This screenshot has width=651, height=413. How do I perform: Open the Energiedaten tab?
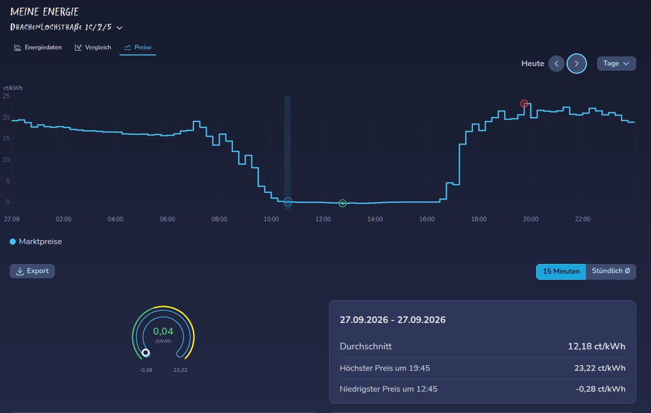[38, 47]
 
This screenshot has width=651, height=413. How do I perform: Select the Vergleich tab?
[93, 47]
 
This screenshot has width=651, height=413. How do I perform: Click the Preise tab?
[138, 47]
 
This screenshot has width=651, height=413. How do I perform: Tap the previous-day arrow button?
[556, 64]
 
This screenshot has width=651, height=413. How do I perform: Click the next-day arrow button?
[577, 64]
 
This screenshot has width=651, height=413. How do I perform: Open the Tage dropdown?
[616, 64]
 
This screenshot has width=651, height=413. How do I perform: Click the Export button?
[32, 271]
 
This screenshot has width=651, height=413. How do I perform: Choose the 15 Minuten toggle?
[561, 272]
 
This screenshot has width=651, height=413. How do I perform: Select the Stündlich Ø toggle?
[611, 272]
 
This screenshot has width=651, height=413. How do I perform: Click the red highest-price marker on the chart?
[524, 104]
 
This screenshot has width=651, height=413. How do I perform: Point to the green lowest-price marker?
[342, 203]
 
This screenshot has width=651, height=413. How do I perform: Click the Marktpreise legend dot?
[13, 242]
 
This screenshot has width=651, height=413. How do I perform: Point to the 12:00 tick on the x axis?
[323, 219]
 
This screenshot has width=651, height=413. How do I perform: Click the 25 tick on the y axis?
[6, 96]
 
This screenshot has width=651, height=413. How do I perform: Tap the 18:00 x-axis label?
[479, 219]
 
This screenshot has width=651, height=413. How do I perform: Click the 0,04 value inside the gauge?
[163, 331]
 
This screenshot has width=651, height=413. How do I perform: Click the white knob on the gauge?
[146, 353]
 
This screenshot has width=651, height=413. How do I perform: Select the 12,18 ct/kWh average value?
[597, 346]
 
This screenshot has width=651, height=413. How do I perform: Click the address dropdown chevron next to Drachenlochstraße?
[120, 28]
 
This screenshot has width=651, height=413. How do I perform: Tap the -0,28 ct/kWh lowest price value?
[601, 389]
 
